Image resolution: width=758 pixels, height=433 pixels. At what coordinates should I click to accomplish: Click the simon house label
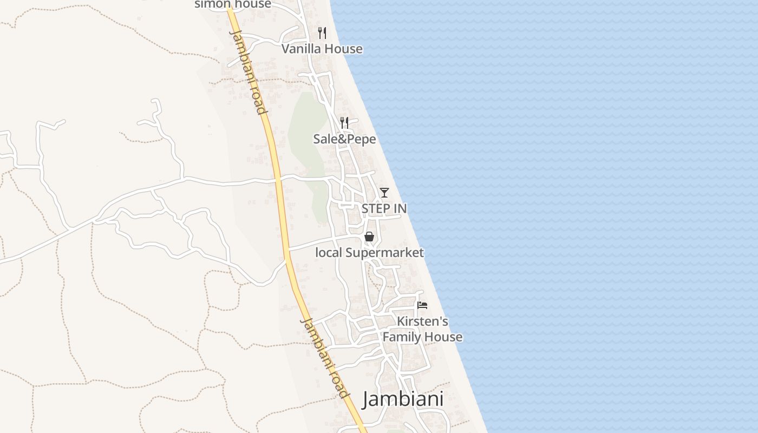click(232, 4)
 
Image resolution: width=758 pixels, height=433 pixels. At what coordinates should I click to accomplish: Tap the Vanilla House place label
click(322, 49)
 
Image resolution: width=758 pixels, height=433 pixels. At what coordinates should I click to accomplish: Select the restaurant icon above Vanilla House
click(322, 33)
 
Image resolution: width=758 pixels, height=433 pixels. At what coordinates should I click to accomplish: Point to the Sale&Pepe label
click(344, 139)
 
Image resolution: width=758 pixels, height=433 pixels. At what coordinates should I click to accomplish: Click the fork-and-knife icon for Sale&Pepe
click(344, 123)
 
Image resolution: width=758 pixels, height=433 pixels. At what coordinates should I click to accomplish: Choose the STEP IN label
click(384, 208)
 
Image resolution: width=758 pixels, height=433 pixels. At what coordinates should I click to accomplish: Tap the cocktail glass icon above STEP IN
click(384, 192)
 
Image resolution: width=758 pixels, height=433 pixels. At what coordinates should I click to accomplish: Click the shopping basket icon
click(369, 237)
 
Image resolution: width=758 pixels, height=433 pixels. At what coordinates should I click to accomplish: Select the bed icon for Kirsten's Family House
click(422, 305)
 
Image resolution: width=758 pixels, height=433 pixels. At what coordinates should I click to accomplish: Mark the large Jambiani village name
click(403, 399)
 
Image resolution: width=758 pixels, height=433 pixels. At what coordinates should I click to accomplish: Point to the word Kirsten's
click(422, 322)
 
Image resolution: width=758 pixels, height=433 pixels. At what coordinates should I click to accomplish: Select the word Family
click(402, 337)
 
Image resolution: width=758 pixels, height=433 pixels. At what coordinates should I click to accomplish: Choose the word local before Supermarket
click(329, 253)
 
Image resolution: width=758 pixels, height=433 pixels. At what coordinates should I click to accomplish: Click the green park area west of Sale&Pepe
click(306, 135)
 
